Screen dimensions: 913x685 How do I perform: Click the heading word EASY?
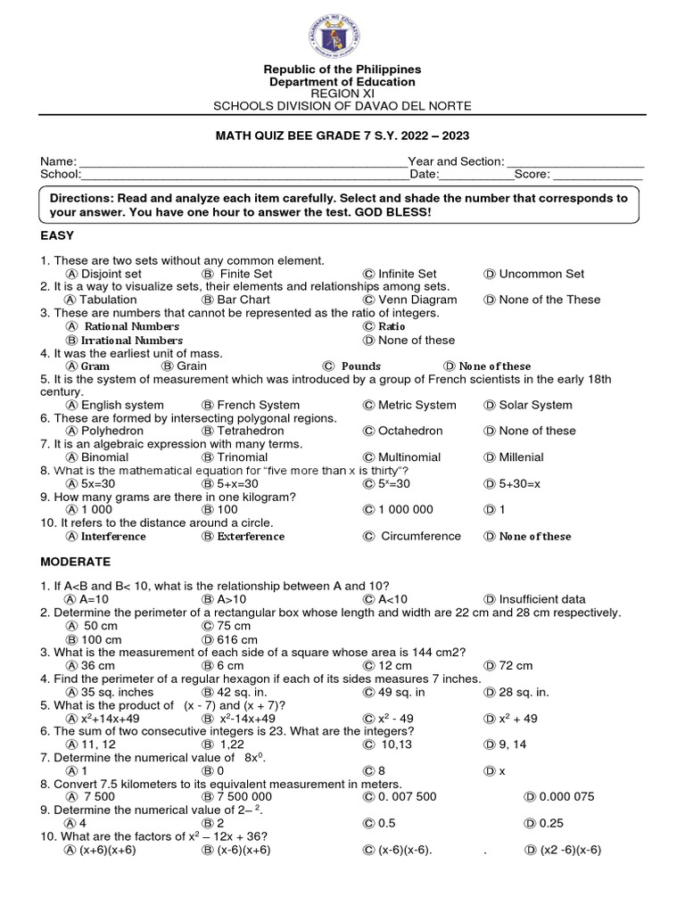pos(57,235)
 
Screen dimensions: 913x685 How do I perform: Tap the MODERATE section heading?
pos(76,562)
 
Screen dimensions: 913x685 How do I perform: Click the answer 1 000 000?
pos(405,509)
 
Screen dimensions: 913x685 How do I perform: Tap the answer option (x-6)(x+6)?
pos(243,850)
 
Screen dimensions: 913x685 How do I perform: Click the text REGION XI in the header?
pos(342,94)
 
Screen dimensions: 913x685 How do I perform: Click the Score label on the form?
pos(532,174)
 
